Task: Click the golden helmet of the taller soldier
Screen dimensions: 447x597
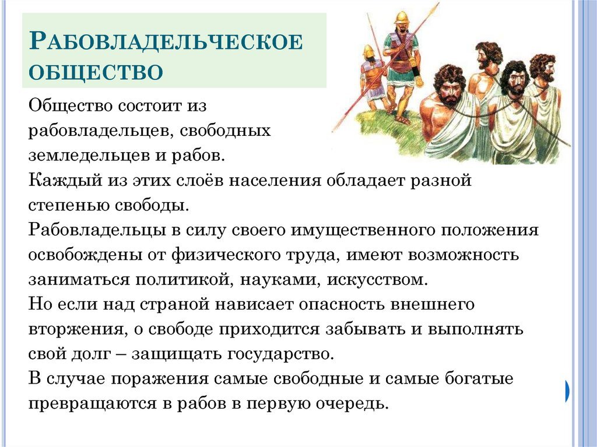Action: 401,17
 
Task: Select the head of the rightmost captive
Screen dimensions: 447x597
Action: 542,69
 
